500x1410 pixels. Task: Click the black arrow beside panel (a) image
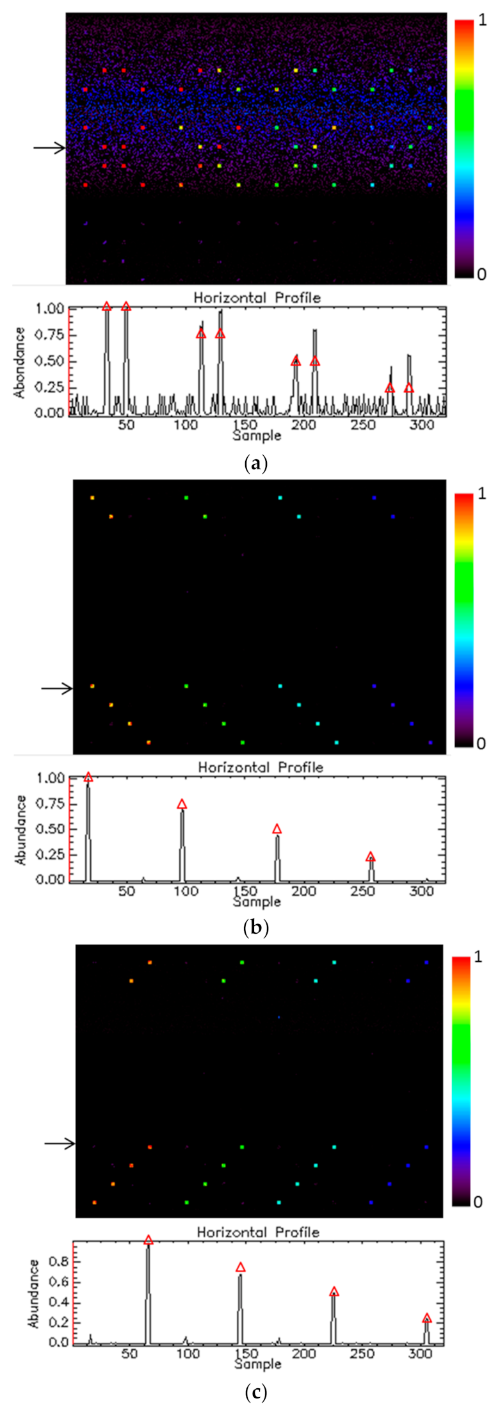49,148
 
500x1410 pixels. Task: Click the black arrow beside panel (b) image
57,688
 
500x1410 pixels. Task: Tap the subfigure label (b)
256,927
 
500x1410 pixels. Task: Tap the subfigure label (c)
256,1391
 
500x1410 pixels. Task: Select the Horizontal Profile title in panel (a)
257,298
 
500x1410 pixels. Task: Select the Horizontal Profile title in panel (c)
258,1231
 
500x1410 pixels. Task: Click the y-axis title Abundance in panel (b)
21,829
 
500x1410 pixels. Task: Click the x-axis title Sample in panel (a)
257,435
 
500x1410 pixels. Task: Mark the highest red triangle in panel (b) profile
88,777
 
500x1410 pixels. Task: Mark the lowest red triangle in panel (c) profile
426,1318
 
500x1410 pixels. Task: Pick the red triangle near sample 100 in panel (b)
182,804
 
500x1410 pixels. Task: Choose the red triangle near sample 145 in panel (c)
241,1267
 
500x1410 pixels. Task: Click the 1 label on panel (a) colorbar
481,21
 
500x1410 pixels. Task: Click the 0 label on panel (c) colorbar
478,1202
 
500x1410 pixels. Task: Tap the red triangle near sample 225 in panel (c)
334,1292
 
